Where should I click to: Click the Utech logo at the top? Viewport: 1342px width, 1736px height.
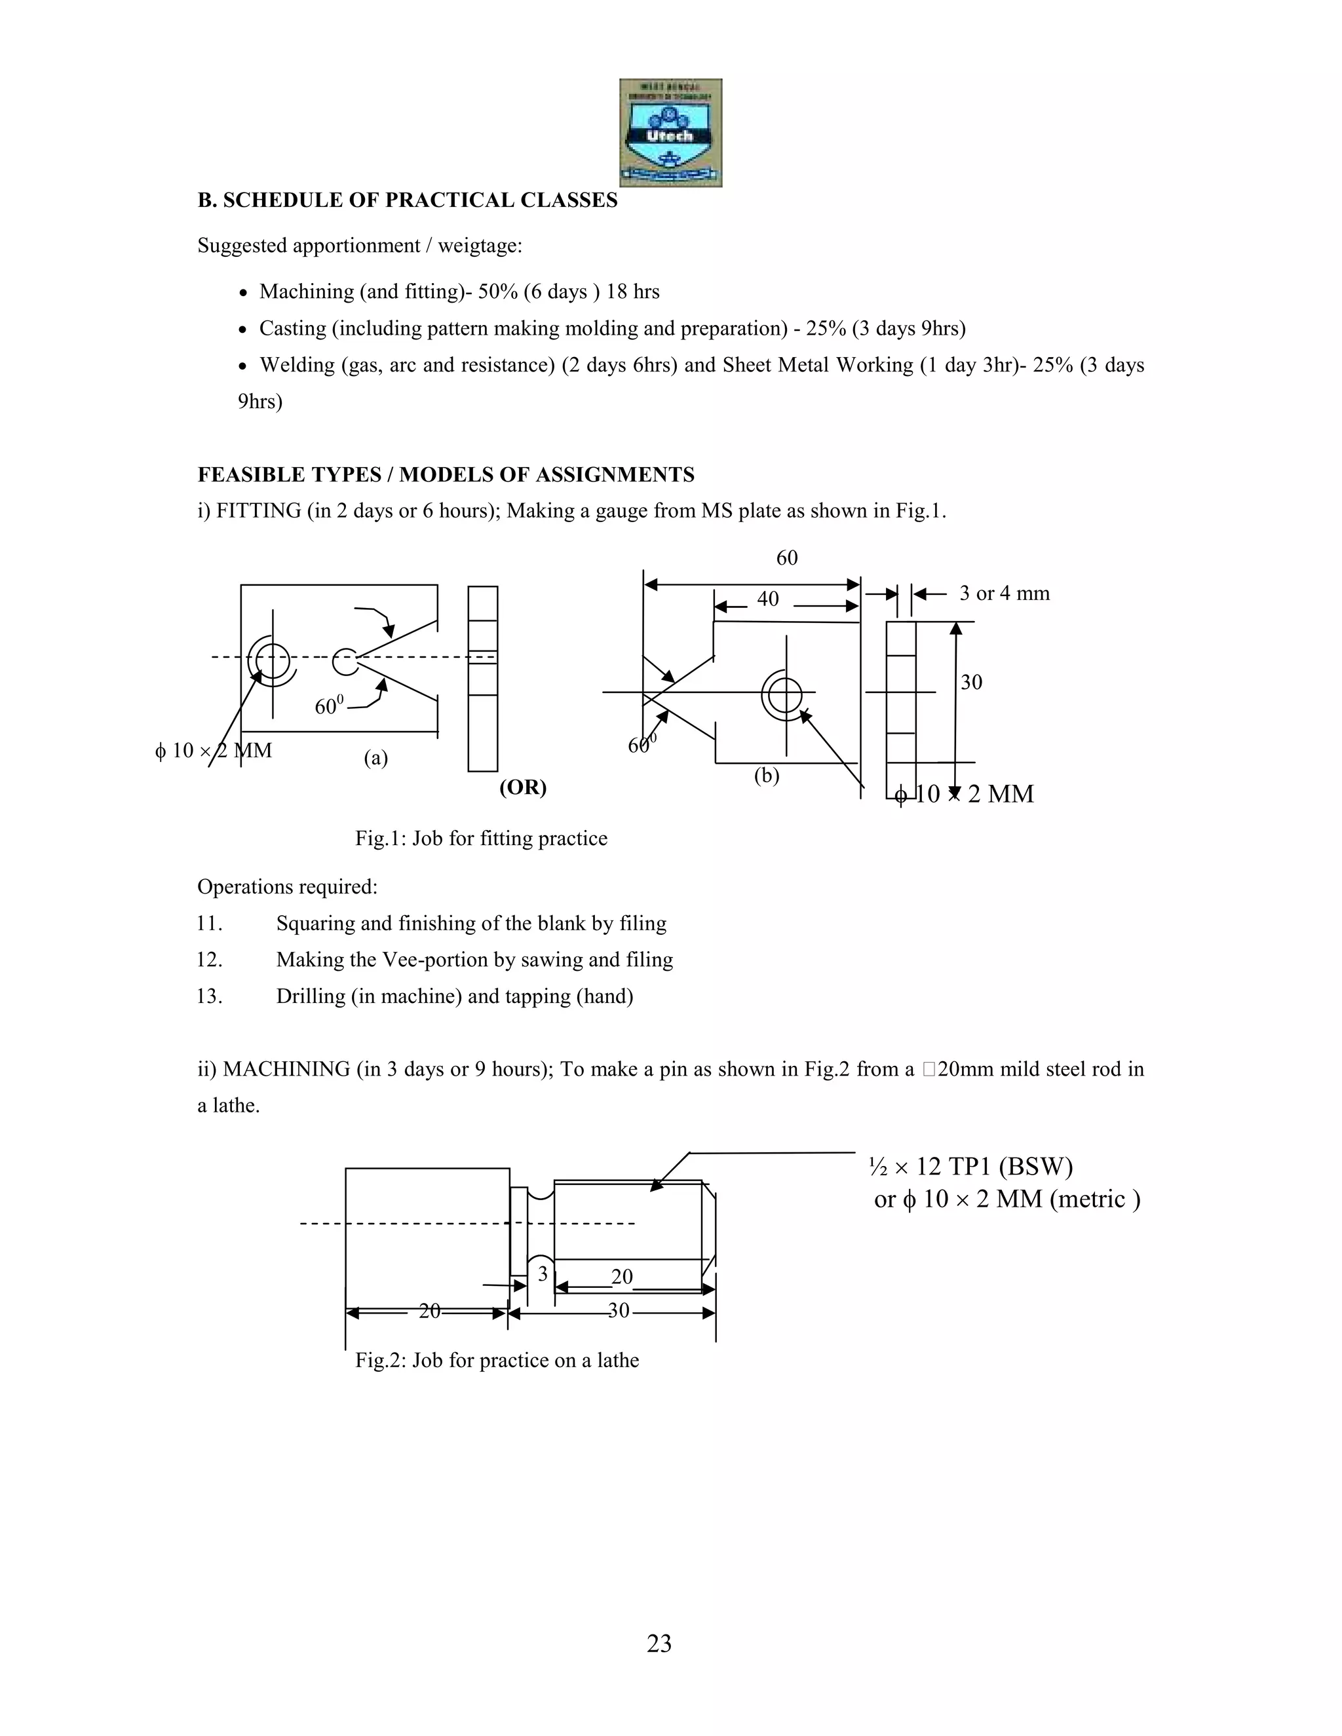coord(670,133)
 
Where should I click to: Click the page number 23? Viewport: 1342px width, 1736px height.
coord(659,1643)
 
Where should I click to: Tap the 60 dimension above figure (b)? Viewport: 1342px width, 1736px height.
coord(786,558)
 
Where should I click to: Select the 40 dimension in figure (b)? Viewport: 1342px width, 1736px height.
coord(767,599)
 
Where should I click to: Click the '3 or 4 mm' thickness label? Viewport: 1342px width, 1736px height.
coord(1004,594)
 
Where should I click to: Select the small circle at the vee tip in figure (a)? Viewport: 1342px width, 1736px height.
coord(345,660)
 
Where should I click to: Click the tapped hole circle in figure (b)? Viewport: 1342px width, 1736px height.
coord(784,694)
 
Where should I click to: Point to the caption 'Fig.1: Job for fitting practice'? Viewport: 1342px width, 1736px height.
coord(481,839)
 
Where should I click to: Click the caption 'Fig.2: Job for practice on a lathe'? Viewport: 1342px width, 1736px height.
coord(497,1360)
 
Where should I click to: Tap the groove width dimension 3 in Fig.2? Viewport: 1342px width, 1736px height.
coord(543,1274)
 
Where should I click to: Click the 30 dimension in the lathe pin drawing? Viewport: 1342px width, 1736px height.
coord(619,1311)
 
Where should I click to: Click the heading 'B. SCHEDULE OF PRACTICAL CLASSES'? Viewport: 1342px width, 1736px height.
coord(407,200)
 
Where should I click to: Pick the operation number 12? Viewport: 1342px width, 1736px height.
coord(209,960)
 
